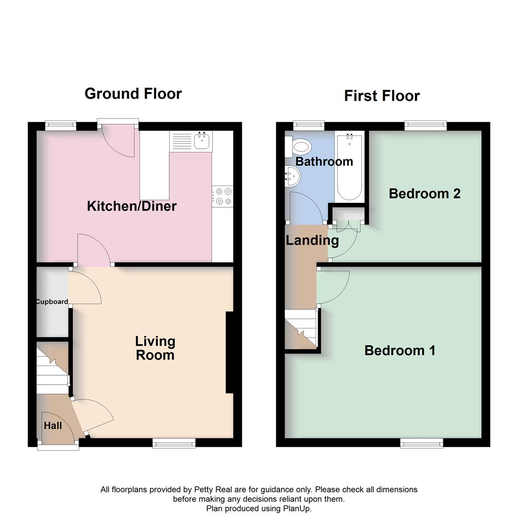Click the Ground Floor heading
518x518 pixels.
(x=133, y=94)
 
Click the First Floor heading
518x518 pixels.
(x=382, y=96)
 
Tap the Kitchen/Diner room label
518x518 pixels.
(x=132, y=206)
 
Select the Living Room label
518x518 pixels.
(x=155, y=348)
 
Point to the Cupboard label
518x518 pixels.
(x=52, y=302)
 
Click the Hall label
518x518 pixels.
(x=53, y=425)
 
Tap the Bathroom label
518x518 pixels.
(x=324, y=162)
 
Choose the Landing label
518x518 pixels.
(x=312, y=240)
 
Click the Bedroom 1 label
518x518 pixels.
(x=400, y=351)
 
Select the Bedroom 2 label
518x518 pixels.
(x=424, y=194)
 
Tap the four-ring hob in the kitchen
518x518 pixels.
(x=222, y=197)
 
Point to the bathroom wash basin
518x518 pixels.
(x=292, y=177)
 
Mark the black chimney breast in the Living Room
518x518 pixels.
(x=229, y=353)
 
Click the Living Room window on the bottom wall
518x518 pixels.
(x=174, y=444)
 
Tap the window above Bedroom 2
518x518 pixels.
(x=425, y=126)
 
